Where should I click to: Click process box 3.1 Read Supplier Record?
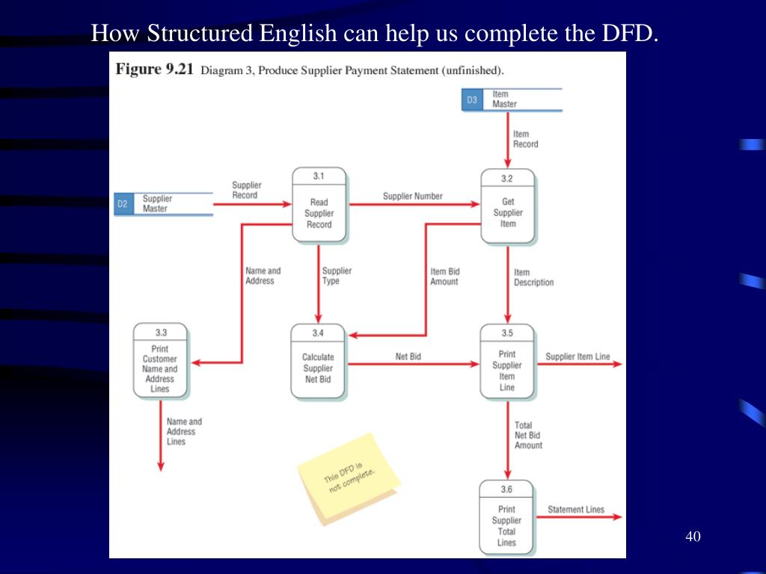point(319,206)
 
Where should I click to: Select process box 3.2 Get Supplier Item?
point(508,206)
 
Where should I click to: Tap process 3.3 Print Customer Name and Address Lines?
point(160,361)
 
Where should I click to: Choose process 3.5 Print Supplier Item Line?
point(507,362)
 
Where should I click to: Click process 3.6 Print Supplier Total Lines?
point(506,518)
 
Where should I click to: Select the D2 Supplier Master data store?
point(163,203)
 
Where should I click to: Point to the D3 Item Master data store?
point(511,99)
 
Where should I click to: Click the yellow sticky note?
point(349,478)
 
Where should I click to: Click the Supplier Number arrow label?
point(413,197)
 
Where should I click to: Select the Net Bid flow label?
point(408,357)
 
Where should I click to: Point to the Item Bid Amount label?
point(444,277)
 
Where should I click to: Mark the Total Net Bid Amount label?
point(528,435)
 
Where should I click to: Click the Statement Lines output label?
point(576,510)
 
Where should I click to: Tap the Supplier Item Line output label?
point(577,357)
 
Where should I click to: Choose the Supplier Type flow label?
point(337,276)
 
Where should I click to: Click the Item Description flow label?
point(533,277)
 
